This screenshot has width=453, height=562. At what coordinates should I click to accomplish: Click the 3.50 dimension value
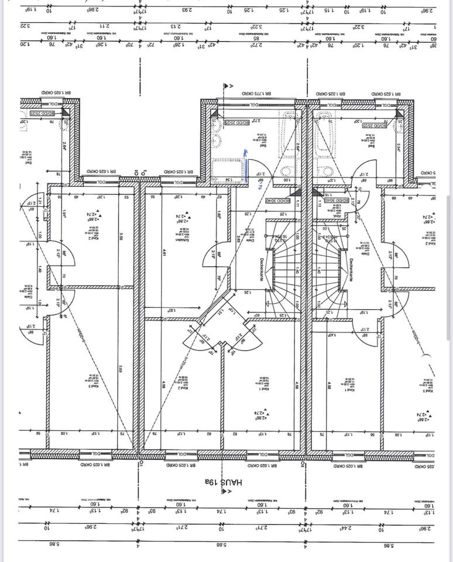121,237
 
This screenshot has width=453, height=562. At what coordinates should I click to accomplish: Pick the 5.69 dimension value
121,369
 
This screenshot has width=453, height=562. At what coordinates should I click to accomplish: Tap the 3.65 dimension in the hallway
239,239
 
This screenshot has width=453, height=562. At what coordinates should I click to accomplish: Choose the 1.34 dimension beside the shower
229,180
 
